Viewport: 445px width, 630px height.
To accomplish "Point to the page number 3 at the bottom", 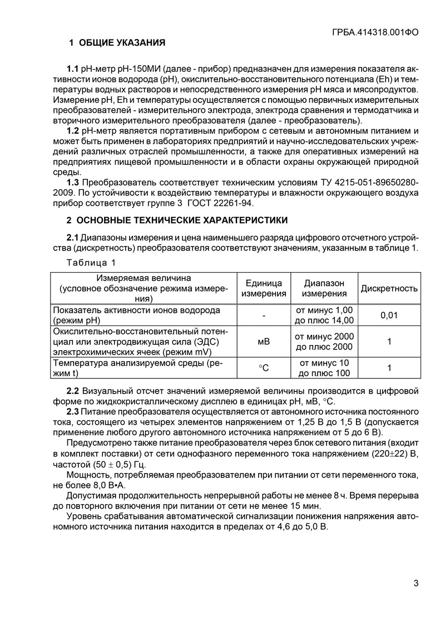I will pyautogui.click(x=416, y=583).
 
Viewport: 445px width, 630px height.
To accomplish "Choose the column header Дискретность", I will pyautogui.click(x=389, y=288).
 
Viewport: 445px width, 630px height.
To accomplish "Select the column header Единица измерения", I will pyautogui.click(x=264, y=288).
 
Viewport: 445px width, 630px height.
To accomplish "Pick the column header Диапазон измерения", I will pyautogui.click(x=324, y=288).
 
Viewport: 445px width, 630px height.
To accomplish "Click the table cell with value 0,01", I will pyautogui.click(x=389, y=316).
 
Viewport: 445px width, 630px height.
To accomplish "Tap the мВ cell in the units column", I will pyautogui.click(x=264, y=342).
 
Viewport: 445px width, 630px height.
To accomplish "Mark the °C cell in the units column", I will pyautogui.click(x=264, y=368).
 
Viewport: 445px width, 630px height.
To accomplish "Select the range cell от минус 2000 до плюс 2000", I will pyautogui.click(x=324, y=342).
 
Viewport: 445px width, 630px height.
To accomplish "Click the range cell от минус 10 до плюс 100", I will pyautogui.click(x=324, y=368).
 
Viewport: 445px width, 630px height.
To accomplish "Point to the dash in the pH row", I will pyautogui.click(x=264, y=316).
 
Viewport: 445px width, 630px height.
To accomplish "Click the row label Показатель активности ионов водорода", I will pyautogui.click(x=136, y=310).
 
